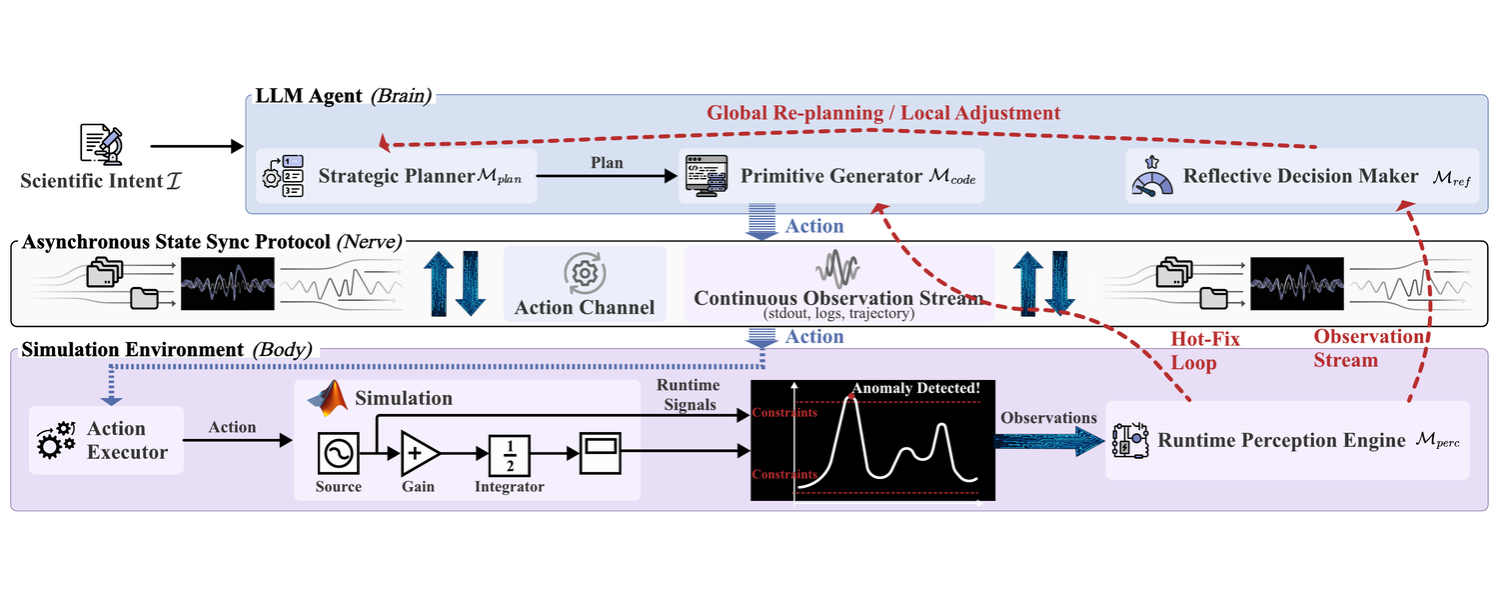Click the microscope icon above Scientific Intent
coord(101,144)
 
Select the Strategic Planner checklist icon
coord(284,176)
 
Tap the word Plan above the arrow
coord(607,163)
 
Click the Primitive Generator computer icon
coord(707,176)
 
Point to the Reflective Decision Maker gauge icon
coord(1151,177)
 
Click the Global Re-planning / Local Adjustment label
coord(883,112)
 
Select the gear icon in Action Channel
coord(585,273)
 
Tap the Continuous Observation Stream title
coord(837,298)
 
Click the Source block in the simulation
coord(338,453)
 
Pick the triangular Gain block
coord(419,453)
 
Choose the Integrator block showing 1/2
coord(510,455)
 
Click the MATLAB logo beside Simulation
coord(328,398)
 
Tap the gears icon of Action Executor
coord(56,440)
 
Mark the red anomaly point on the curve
coord(851,397)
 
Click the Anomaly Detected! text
coord(915,388)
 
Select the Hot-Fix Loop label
coord(1204,351)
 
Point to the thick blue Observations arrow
coord(1048,441)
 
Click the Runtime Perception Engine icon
coord(1130,441)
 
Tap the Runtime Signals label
coord(689,394)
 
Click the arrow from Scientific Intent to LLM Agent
coord(197,146)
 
